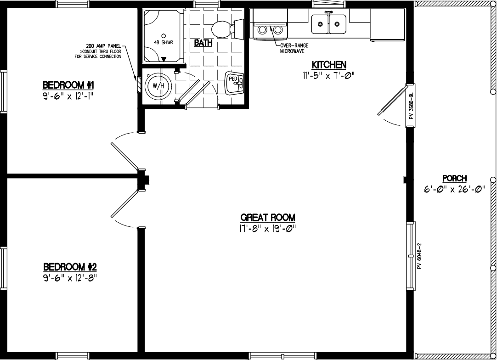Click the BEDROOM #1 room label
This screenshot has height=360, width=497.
point(68,85)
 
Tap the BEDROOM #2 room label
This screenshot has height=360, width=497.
point(70,267)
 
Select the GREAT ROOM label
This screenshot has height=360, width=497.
point(268,218)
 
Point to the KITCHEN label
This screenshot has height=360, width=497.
point(329,65)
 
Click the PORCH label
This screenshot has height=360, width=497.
point(454,179)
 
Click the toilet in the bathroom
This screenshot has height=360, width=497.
point(222,29)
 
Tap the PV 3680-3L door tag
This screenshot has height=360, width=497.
point(412,106)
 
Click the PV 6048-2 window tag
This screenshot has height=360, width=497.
point(419,258)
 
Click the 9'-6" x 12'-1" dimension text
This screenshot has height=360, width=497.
point(68,96)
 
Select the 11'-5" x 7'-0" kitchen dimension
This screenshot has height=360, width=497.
point(329,75)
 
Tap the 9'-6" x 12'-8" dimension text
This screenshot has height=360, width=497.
point(70,277)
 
